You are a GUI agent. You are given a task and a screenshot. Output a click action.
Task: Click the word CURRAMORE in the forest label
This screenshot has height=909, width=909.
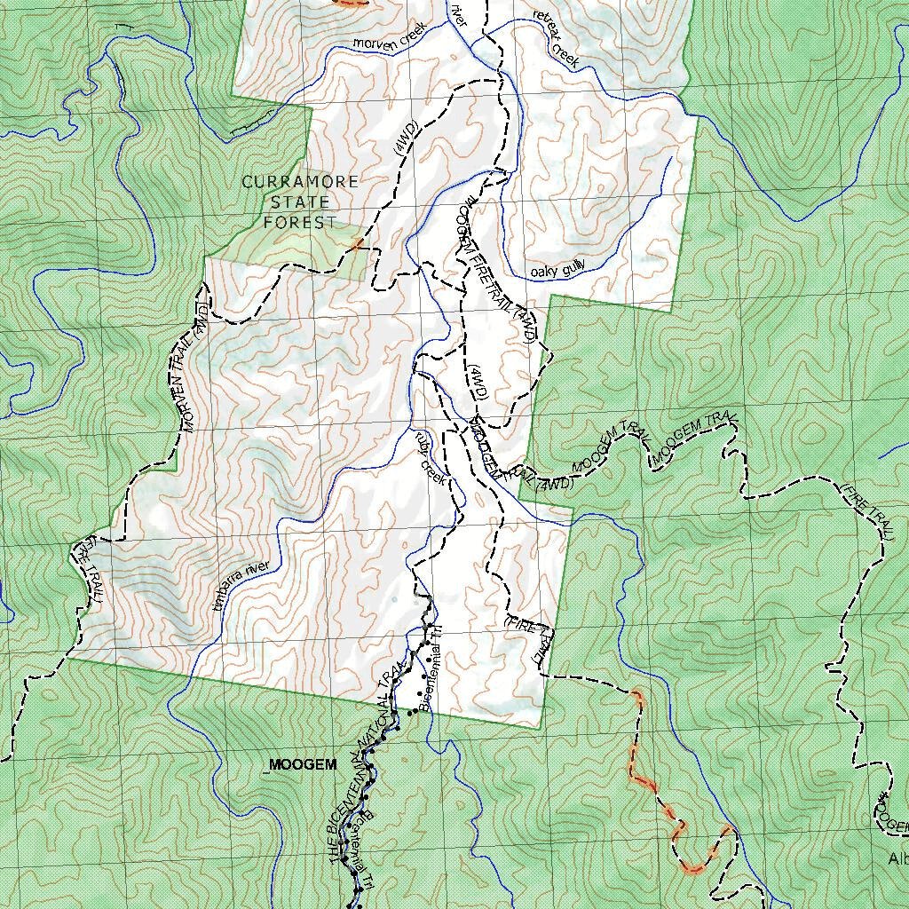[301, 182]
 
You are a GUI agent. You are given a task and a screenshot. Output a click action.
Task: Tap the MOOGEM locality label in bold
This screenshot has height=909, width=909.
[303, 764]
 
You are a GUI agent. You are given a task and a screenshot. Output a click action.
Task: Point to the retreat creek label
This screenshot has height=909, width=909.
[556, 39]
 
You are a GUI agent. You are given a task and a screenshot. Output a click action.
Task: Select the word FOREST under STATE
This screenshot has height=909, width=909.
[300, 222]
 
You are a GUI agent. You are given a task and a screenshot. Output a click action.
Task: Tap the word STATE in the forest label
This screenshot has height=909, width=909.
[300, 202]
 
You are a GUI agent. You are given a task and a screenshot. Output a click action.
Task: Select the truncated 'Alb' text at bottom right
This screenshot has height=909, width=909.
[897, 858]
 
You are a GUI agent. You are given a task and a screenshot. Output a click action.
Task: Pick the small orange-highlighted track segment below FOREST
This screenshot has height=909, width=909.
[357, 243]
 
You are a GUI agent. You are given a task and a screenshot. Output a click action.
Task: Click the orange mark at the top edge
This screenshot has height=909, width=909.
[349, 4]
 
